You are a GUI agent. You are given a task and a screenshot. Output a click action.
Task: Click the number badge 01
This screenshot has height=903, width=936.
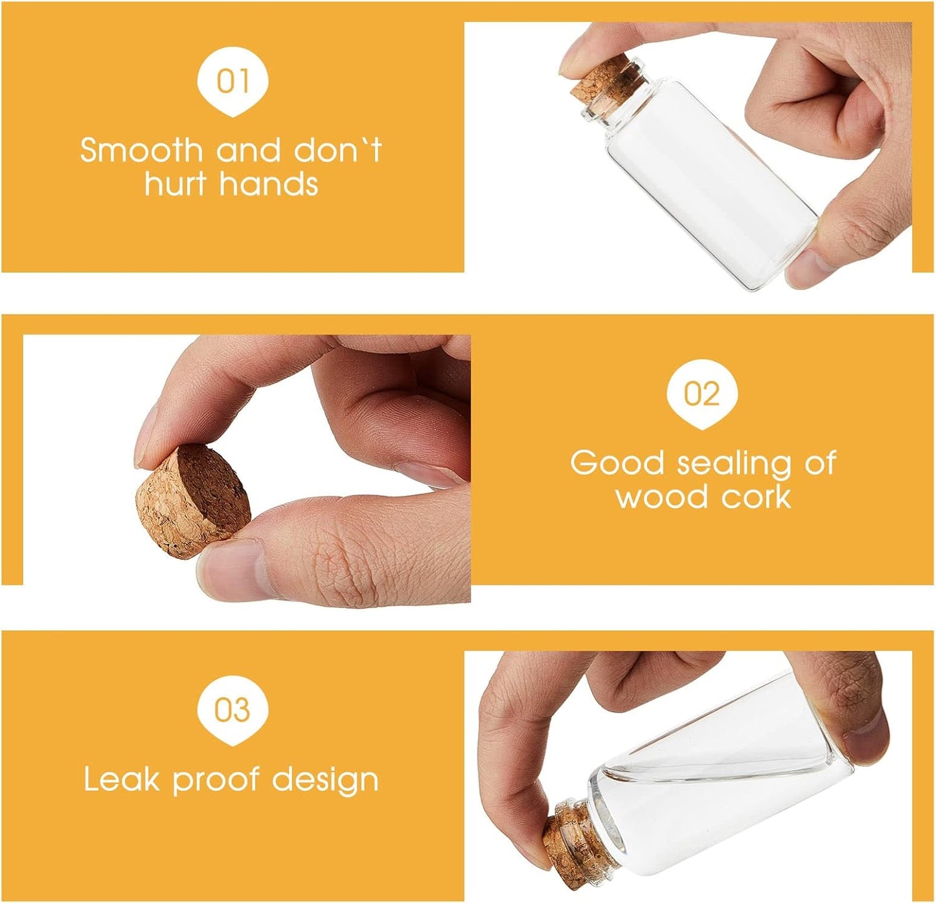click(x=233, y=81)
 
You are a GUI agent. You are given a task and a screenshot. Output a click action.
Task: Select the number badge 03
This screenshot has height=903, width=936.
click(x=233, y=710)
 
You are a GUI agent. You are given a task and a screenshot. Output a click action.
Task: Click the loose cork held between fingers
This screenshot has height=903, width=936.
click(x=193, y=501)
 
